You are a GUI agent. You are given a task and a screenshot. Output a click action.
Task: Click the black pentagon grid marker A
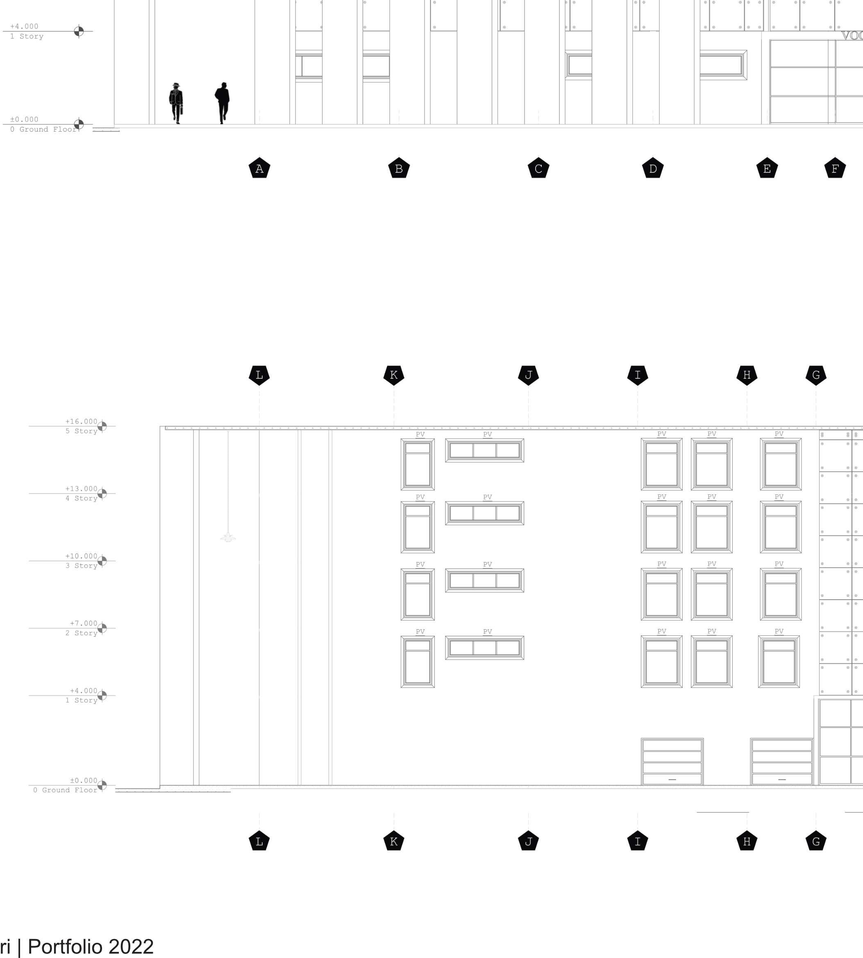point(259,168)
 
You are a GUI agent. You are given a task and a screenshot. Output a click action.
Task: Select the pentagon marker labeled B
point(399,168)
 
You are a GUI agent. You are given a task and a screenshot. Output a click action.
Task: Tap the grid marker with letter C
point(538,168)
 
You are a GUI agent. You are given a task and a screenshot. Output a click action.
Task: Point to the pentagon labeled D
point(652,168)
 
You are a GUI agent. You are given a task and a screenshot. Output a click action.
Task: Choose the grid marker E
point(767,168)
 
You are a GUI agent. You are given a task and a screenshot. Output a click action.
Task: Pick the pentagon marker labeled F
point(835,168)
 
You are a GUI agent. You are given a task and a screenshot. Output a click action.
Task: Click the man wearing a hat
point(176,103)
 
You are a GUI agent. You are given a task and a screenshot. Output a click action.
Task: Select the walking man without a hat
point(223,102)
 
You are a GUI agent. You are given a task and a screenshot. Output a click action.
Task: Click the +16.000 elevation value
point(81,421)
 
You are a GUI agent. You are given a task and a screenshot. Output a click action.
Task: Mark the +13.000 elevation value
point(81,489)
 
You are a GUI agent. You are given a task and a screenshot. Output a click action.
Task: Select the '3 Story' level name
point(81,566)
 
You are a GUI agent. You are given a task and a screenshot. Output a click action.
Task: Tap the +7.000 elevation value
point(84,623)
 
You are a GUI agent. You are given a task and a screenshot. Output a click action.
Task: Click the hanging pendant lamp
point(228,537)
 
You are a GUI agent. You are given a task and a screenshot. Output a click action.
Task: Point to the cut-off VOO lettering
point(852,36)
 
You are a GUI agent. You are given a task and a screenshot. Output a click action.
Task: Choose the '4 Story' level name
point(81,498)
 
